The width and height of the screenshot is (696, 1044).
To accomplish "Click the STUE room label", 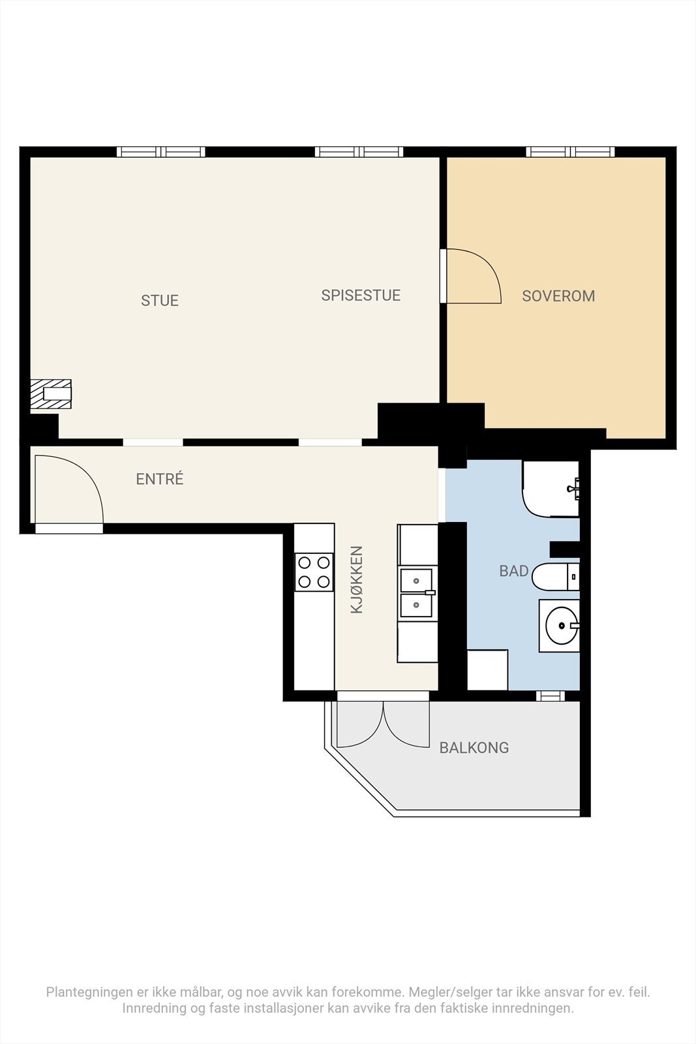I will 160,301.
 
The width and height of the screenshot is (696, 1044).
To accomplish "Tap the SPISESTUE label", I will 361,296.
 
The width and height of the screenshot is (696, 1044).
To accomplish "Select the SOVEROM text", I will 558,296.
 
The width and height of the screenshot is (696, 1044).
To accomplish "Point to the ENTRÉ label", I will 160,480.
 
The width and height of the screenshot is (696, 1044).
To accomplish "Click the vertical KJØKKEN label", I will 357,579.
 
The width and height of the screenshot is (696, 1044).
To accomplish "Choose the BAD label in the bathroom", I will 514,572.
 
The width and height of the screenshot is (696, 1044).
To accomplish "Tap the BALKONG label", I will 474,748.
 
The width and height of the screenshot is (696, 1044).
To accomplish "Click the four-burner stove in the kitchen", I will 314,572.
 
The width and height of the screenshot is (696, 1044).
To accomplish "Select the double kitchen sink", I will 417,592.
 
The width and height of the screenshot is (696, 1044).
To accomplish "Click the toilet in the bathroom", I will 554,577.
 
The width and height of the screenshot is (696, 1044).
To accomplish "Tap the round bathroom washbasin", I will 560,626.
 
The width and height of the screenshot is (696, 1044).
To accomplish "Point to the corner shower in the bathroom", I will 550,489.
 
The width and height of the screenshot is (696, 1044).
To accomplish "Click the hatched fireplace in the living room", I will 52,394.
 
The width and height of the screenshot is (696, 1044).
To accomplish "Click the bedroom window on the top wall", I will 571,152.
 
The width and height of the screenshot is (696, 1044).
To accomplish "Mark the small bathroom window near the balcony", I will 551,696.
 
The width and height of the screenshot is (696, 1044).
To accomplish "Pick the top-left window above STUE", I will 161,152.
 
